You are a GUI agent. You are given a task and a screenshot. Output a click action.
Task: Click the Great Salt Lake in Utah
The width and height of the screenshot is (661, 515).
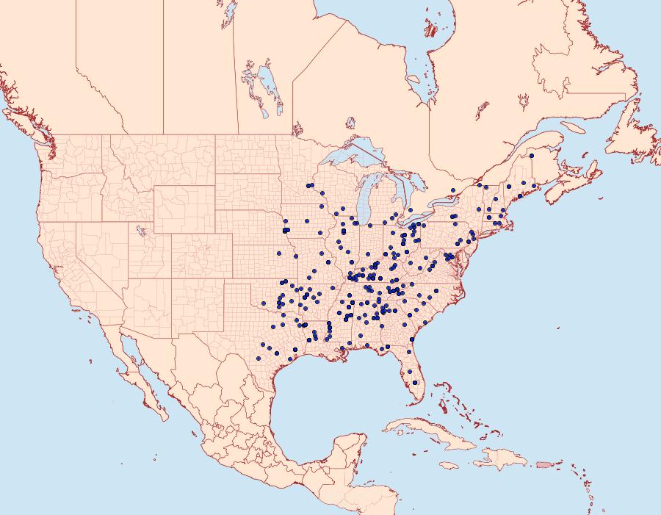pos(139,230)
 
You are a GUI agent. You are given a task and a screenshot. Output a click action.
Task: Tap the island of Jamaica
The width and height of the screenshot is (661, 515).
pos(449,465)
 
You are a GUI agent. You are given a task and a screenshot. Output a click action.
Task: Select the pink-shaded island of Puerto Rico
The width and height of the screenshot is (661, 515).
pos(543,464)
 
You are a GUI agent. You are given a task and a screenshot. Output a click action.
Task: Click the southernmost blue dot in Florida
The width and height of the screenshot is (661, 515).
pos(416,382)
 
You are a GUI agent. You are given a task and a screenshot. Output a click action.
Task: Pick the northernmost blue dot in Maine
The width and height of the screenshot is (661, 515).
pos(531,156)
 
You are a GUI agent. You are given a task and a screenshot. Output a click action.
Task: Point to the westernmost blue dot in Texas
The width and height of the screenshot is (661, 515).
pos(259,359)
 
